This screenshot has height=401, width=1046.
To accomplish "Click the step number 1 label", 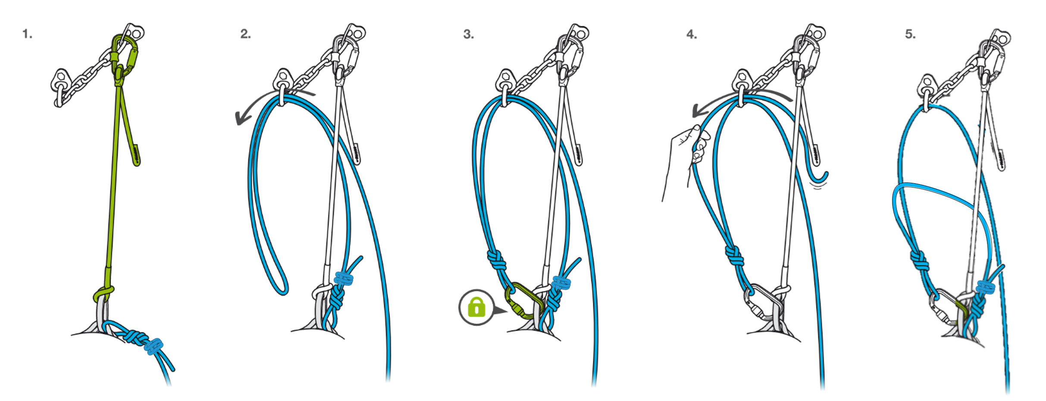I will click(27, 34).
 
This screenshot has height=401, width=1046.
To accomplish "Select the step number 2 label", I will click(245, 34).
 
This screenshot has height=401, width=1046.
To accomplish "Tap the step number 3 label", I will click(468, 34).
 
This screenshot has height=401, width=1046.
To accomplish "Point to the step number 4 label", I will click(691, 34).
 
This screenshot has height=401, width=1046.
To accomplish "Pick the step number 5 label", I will click(910, 34).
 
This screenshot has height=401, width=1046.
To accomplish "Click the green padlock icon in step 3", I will click(476, 307).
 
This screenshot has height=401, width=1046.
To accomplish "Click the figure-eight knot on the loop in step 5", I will click(920, 261).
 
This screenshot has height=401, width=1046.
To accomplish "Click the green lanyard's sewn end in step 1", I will click(135, 155).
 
